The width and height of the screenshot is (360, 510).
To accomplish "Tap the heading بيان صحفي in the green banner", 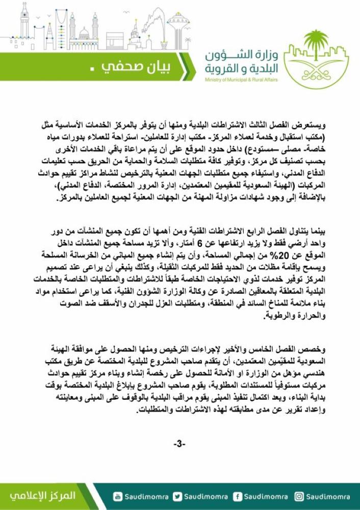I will point(139,67).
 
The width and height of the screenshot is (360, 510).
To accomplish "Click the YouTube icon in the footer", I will point(118,496).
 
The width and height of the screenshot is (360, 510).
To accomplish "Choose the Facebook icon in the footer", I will point(237,496).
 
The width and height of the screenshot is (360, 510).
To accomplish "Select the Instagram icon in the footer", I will point(300,496).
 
